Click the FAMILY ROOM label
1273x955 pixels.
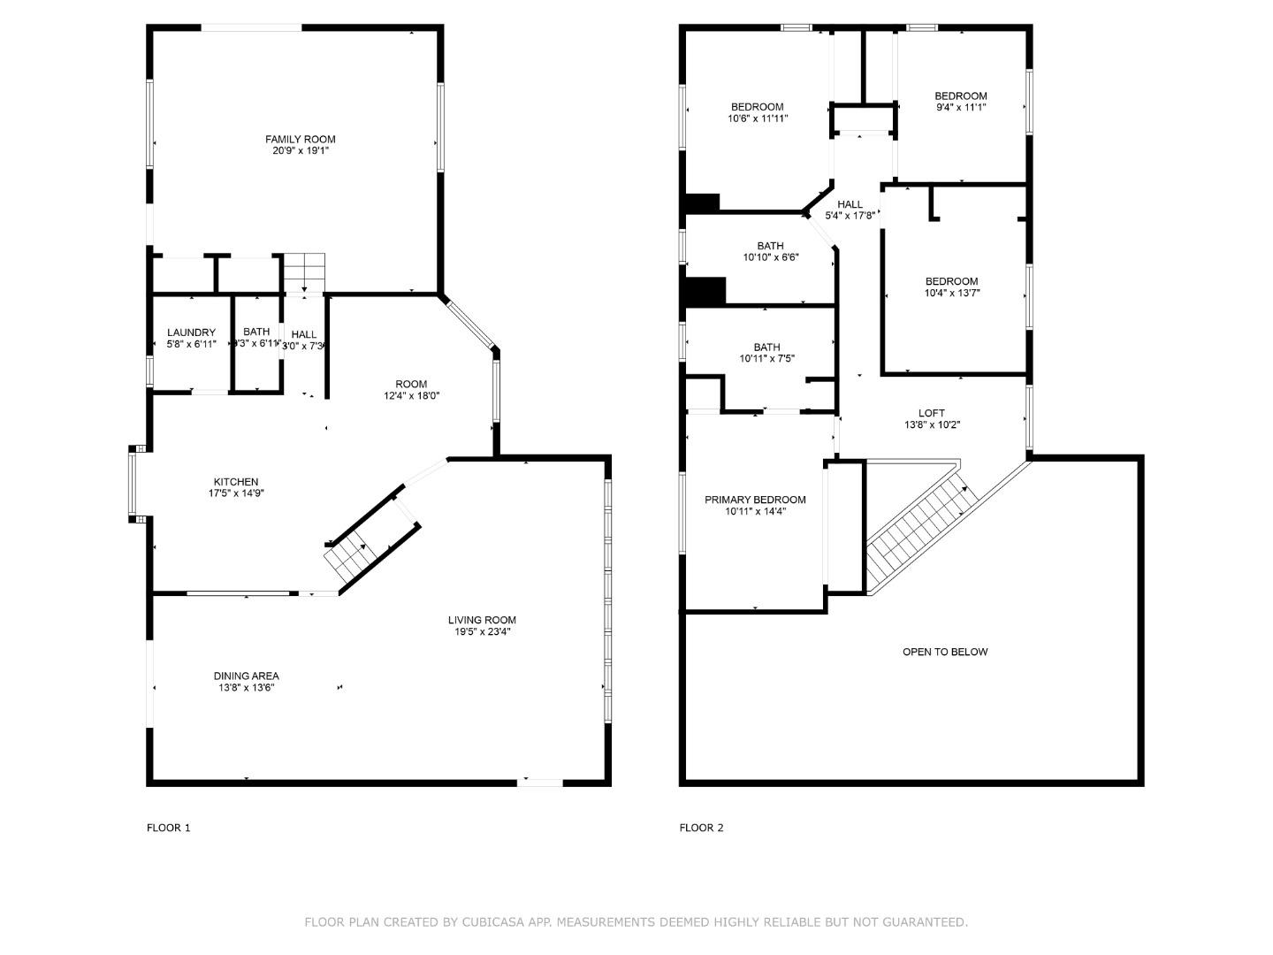(301, 140)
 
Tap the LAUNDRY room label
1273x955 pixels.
(191, 333)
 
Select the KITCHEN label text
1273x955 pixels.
(236, 482)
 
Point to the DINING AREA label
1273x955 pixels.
(246, 676)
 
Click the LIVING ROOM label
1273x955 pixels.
(482, 620)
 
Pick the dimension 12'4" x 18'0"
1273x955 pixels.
(411, 396)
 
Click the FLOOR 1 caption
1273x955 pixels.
(168, 828)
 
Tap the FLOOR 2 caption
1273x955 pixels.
(701, 828)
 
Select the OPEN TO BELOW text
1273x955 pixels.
(945, 652)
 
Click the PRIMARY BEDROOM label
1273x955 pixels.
(755, 500)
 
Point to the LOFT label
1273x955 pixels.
(931, 413)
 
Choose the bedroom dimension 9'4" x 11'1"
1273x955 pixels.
(961, 107)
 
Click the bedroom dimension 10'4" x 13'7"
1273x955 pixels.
(952, 293)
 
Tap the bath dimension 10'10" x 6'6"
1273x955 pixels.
(770, 257)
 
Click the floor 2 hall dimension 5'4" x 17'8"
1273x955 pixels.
(850, 216)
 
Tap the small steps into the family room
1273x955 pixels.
(304, 270)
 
